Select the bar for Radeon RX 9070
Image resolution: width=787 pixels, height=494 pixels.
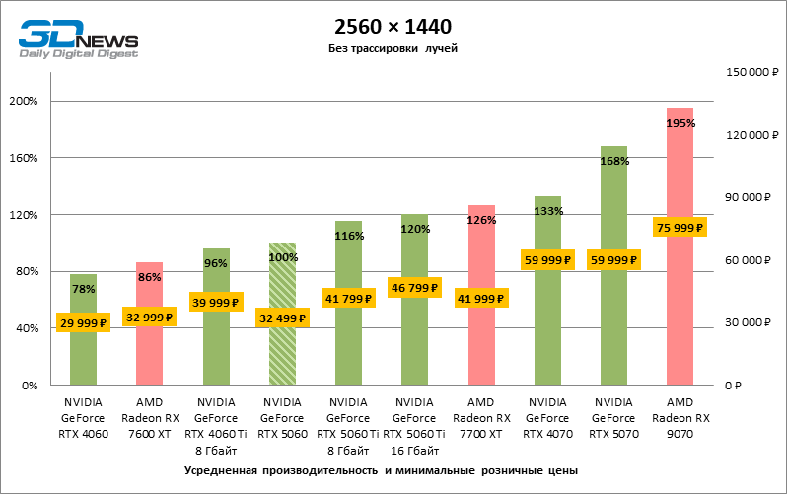(680, 296)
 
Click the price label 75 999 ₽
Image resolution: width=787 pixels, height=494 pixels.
(680, 227)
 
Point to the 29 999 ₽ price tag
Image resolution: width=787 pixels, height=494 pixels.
(83, 323)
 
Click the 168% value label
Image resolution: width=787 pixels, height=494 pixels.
(614, 161)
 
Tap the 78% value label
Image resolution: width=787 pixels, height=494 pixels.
(83, 289)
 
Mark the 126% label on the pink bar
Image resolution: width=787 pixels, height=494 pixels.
(481, 220)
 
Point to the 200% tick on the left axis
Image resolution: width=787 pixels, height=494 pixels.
(23, 101)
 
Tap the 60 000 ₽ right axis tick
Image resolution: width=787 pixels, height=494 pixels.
(748, 260)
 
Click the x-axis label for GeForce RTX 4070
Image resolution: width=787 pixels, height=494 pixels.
(547, 418)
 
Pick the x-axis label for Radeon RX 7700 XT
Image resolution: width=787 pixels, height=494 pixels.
(481, 418)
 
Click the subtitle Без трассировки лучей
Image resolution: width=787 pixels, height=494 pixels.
(393, 48)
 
